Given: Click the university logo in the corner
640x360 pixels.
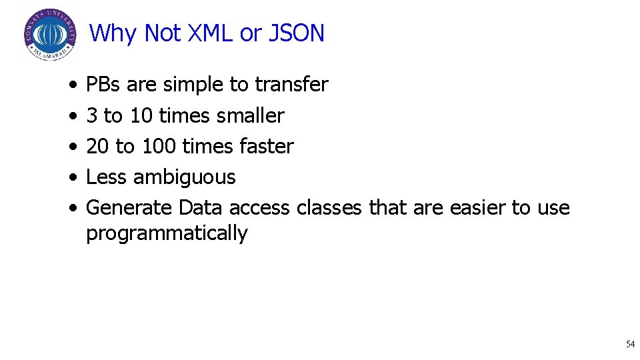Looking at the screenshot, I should click(49, 34).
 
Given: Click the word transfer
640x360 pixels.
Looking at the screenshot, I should click(291, 85).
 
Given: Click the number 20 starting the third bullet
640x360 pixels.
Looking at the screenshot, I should click(98, 147).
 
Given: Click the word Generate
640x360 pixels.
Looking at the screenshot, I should click(129, 208).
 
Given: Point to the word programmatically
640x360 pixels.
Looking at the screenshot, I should click(167, 233).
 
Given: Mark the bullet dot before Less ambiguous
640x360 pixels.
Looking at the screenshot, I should click(71, 178).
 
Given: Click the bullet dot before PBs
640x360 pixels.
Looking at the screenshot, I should click(71, 85).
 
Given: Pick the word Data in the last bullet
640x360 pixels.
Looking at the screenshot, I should click(201, 208).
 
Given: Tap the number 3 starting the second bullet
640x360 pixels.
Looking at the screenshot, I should click(91, 116).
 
